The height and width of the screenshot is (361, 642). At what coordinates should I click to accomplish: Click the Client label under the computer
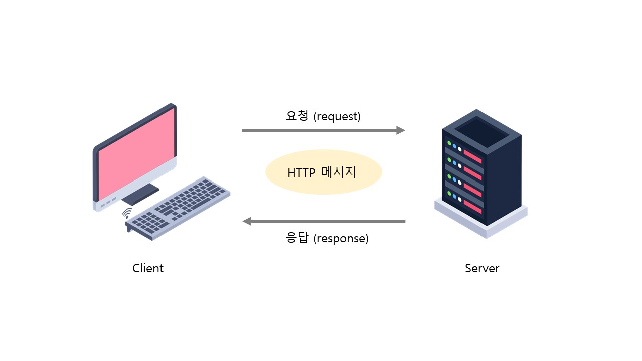148,268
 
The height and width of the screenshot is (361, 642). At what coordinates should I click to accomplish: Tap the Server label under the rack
482,268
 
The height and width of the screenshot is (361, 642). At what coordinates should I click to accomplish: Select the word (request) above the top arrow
337,116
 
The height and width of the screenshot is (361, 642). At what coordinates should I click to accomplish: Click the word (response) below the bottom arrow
341,238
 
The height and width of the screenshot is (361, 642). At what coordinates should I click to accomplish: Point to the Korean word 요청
297,115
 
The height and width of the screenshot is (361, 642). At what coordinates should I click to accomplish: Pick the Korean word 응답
297,238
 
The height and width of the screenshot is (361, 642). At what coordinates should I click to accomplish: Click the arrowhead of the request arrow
401,130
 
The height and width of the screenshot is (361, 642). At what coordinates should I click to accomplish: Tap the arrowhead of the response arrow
247,221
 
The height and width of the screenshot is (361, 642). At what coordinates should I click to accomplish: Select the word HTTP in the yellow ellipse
301,173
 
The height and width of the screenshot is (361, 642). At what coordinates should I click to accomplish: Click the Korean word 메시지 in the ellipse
339,172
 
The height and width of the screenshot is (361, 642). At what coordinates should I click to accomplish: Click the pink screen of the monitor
136,154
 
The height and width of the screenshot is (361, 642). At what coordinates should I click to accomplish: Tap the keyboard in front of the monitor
178,208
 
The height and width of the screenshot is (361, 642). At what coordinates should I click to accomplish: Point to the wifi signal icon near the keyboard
127,213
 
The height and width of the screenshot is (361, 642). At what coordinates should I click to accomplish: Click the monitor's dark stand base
140,194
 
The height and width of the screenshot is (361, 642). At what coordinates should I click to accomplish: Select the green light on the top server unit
449,143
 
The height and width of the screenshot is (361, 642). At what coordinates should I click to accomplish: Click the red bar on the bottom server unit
472,207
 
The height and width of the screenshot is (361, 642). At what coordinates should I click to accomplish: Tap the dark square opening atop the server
482,132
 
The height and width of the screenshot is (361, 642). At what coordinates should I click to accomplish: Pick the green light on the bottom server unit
449,194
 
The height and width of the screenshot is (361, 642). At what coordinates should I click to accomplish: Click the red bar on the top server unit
472,157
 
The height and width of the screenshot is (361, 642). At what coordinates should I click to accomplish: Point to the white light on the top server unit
460,149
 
